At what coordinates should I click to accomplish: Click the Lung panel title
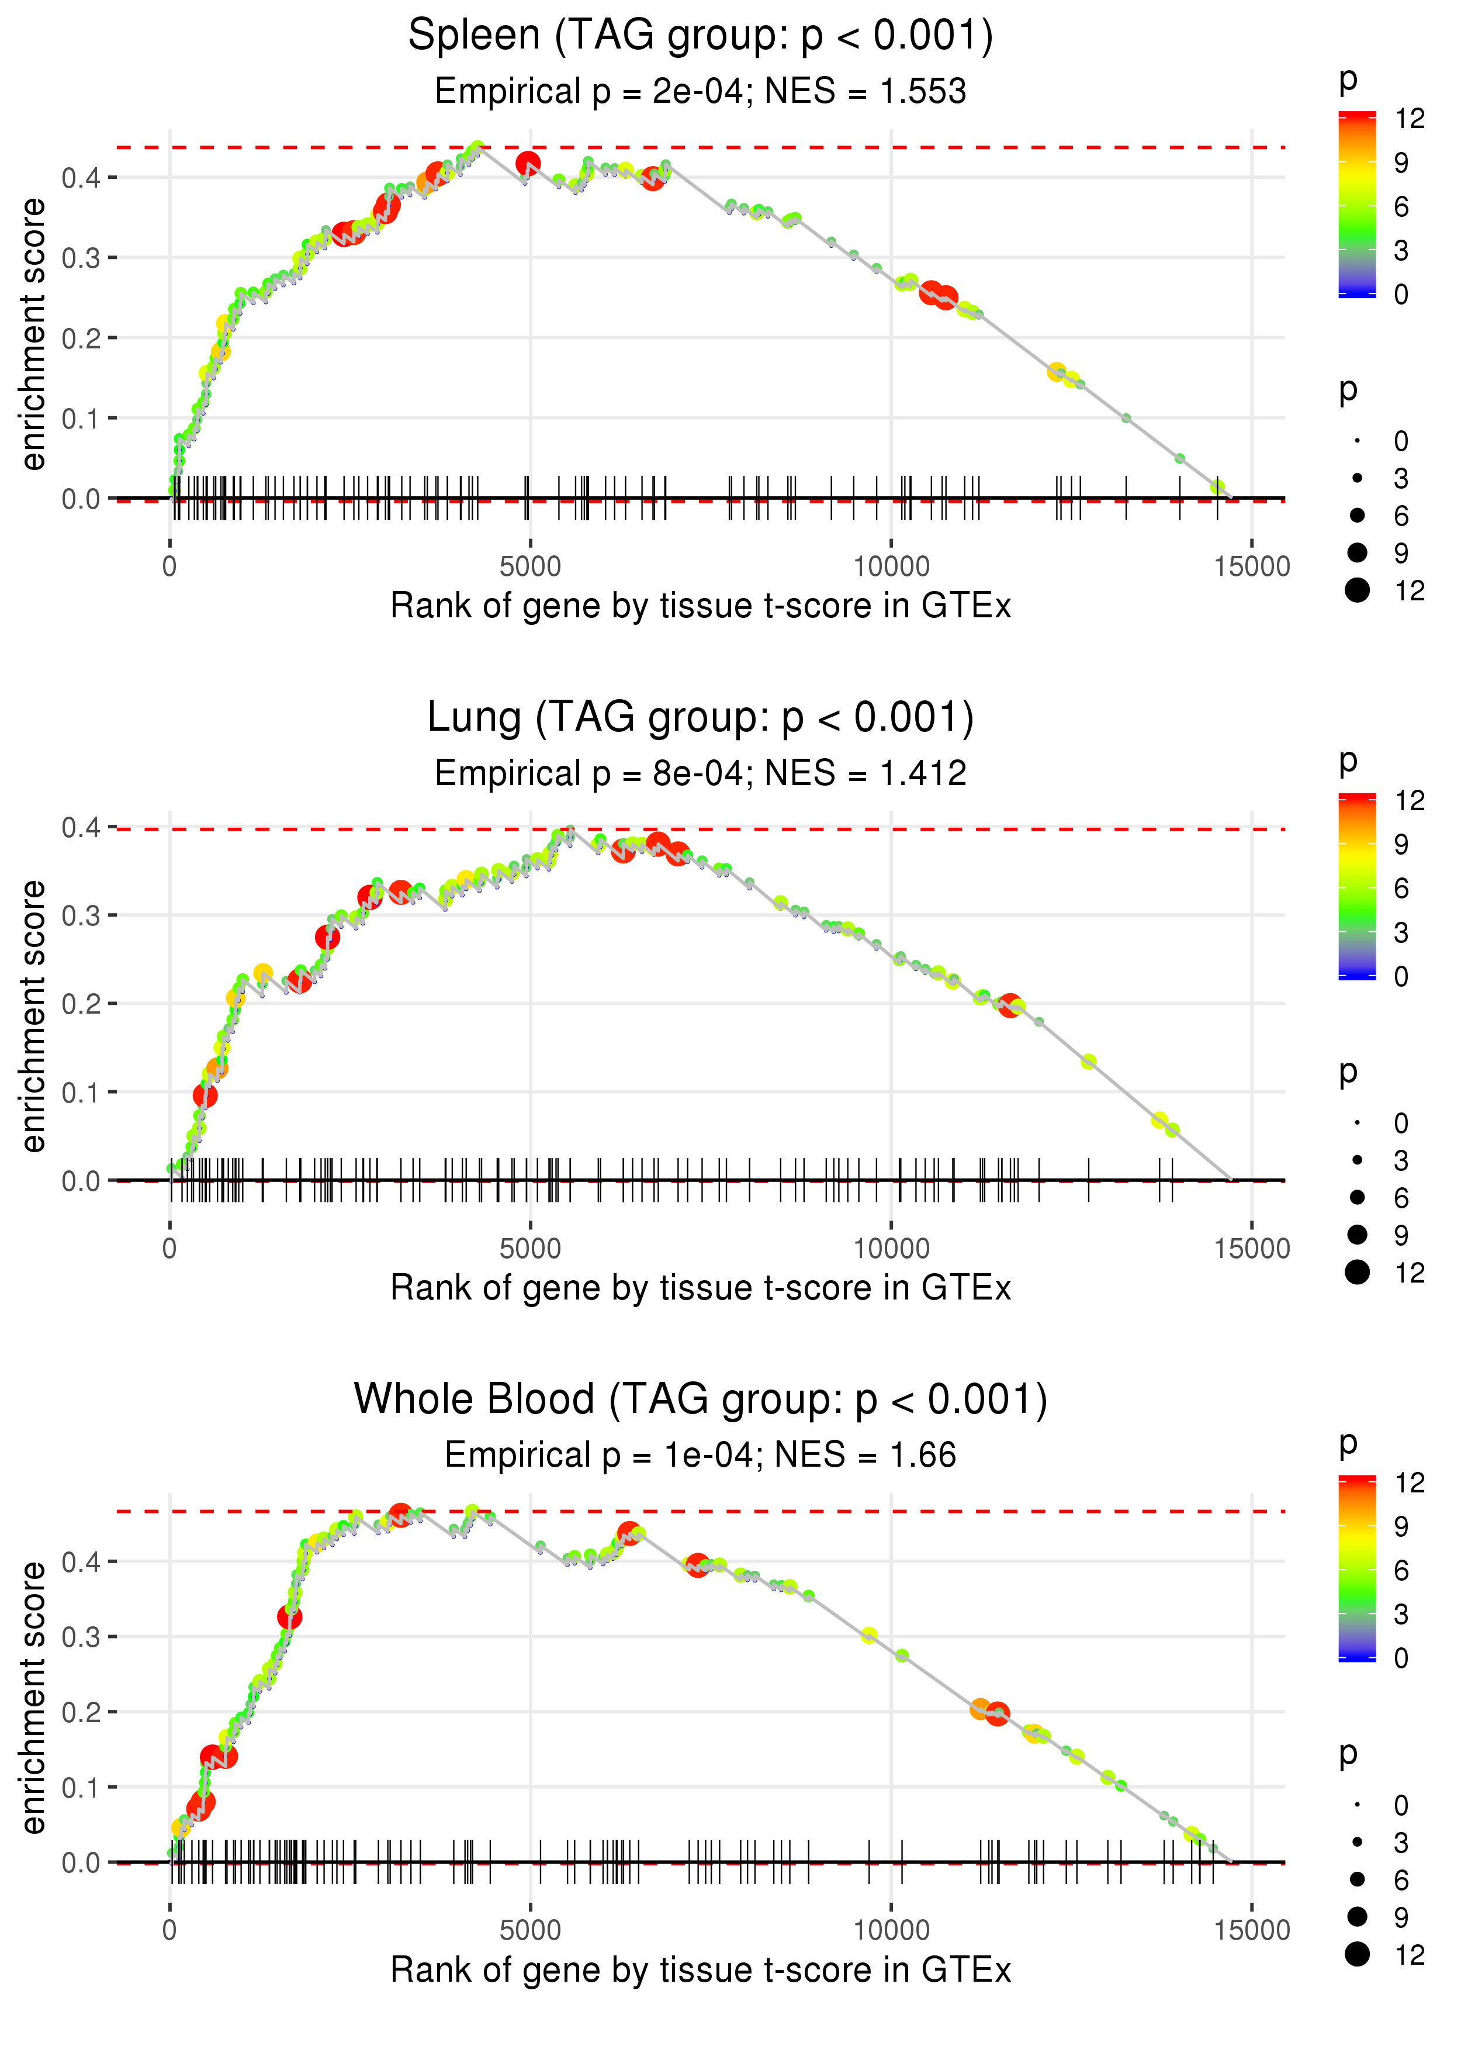pos(700,718)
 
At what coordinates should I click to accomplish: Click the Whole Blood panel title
pos(700,1400)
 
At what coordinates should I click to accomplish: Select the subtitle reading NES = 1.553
pos(865,91)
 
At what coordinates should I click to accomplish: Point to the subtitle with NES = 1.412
pos(865,773)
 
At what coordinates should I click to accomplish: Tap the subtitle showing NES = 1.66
pos(865,1455)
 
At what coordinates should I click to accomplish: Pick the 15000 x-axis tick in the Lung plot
pos(1251,1248)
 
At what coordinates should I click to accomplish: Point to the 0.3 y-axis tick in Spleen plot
pos(81,258)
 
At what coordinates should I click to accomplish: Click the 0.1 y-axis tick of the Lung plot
pos(81,1093)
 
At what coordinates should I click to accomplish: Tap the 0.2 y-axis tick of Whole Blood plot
pos(81,1712)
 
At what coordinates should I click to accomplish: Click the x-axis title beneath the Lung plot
pos(700,1288)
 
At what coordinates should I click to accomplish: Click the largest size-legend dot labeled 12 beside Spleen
pos(1358,590)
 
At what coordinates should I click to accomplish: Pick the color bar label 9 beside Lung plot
pos(1401,845)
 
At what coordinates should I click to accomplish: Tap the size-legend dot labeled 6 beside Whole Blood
pos(1358,1879)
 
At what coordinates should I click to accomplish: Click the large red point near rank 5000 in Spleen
pos(528,164)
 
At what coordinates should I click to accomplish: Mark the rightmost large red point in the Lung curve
pos(1010,1005)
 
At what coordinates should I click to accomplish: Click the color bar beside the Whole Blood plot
pos(1358,1568)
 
